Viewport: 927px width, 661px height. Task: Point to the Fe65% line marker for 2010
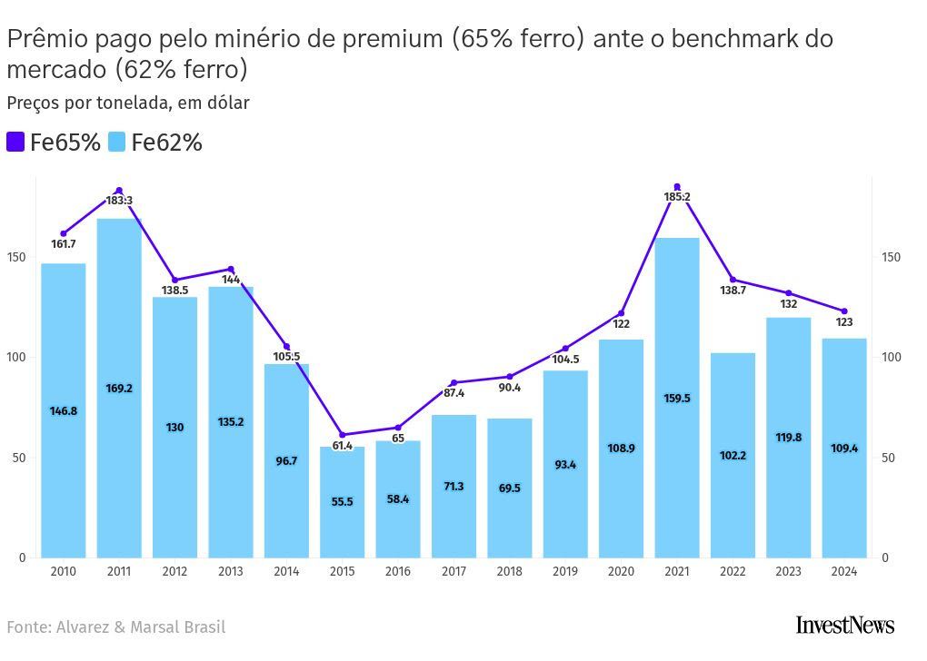64,234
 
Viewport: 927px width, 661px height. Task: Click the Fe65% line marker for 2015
342,435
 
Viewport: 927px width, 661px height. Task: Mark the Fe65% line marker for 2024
844,311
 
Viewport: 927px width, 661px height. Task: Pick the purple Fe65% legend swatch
15,142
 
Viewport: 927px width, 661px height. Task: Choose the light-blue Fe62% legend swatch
117,142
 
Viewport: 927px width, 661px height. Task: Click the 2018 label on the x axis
510,572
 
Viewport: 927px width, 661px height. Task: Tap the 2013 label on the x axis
231,572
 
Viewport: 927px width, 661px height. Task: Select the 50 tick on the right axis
891,458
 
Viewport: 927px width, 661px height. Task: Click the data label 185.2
677,197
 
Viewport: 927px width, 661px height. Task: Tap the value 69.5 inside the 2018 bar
510,488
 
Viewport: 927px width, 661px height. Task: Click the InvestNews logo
844,625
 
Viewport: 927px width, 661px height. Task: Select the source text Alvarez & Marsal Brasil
141,627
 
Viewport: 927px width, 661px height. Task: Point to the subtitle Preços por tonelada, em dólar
128,103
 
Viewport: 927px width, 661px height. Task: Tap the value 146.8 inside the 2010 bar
64,411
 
